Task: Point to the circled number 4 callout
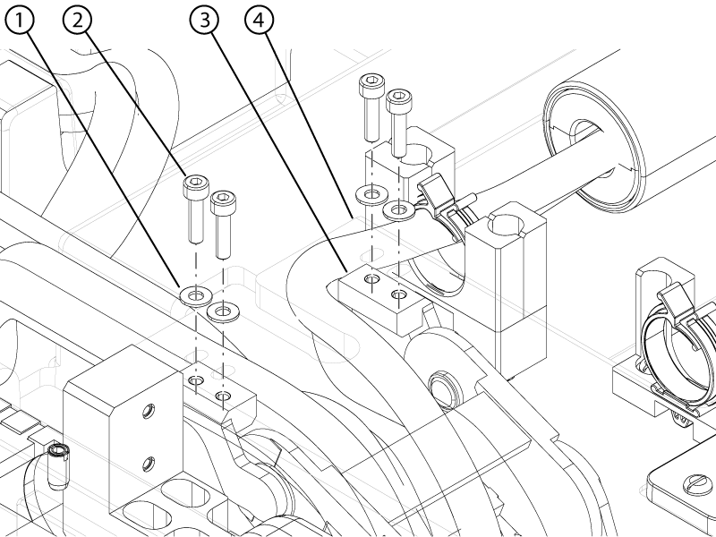click(x=260, y=21)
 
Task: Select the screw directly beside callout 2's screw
click(x=221, y=220)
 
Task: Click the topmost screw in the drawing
click(x=371, y=107)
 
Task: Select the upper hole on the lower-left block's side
click(x=146, y=413)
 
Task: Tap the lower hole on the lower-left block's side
click(x=146, y=463)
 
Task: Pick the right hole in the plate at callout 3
click(x=397, y=294)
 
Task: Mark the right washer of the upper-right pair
click(x=397, y=210)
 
